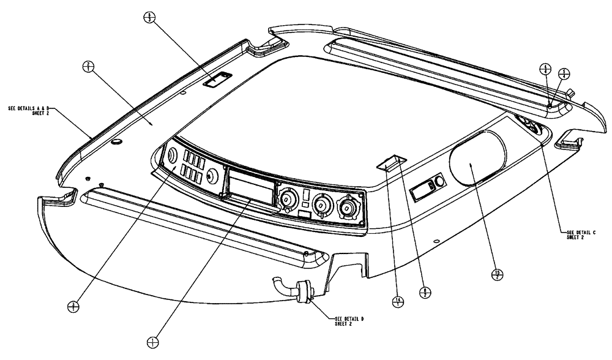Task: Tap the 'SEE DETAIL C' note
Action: [x=578, y=233]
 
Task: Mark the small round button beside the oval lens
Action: [x=438, y=184]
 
